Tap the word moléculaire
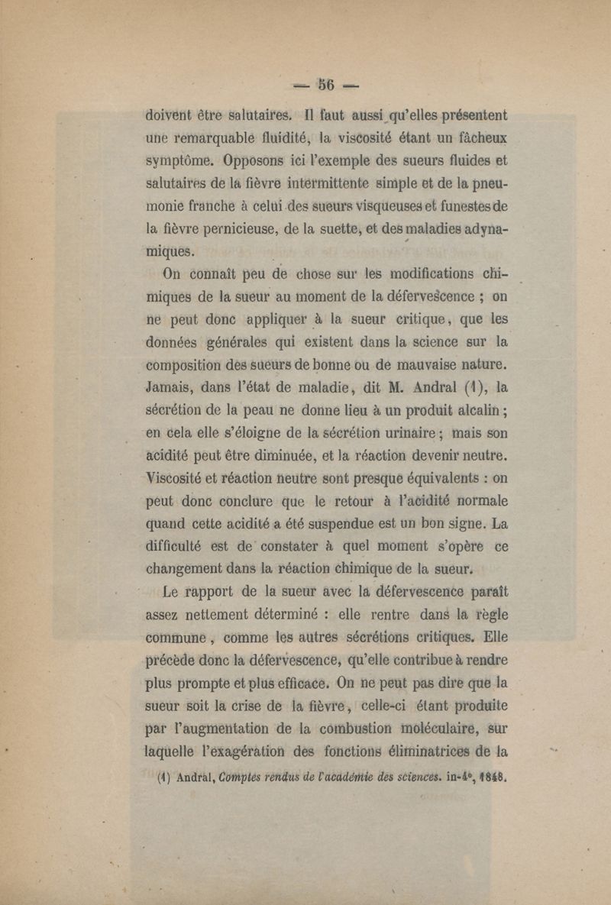click(419, 716)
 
